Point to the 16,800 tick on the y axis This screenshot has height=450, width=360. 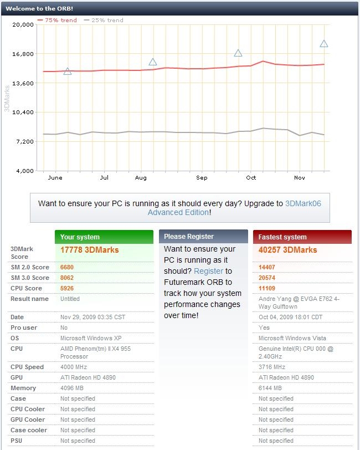pos(23,54)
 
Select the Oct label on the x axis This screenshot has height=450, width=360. pos(251,178)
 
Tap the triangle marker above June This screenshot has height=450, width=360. pos(68,71)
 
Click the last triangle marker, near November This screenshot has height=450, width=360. pos(324,44)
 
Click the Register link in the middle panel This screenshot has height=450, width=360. pos(208,271)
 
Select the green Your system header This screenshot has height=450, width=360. pos(104,237)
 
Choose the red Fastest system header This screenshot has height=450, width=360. pos(302,237)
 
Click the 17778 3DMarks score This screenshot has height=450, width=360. pos(89,250)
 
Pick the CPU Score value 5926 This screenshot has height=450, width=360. pos(67,288)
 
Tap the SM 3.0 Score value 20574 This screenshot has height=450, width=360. pos(268,278)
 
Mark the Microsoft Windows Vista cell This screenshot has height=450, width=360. pos(292,338)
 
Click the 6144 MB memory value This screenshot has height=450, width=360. pos(270,388)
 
